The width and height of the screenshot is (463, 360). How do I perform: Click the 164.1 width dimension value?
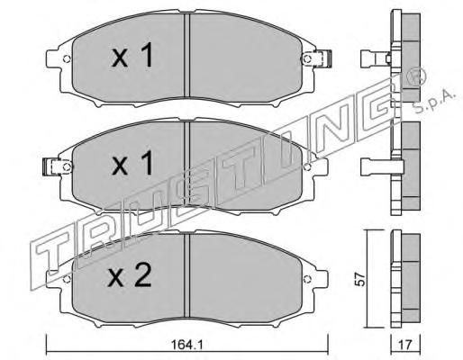pyautogui.click(x=186, y=345)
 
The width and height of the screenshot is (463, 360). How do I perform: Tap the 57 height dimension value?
pyautogui.click(x=361, y=279)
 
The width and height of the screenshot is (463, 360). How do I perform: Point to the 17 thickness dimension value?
pyautogui.click(x=405, y=345)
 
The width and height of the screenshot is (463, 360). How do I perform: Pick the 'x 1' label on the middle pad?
pyautogui.click(x=132, y=164)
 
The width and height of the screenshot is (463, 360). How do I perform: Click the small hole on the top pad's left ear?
pyautogui.click(x=68, y=59)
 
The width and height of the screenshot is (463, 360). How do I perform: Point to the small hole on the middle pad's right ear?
pyautogui.click(x=306, y=166)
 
